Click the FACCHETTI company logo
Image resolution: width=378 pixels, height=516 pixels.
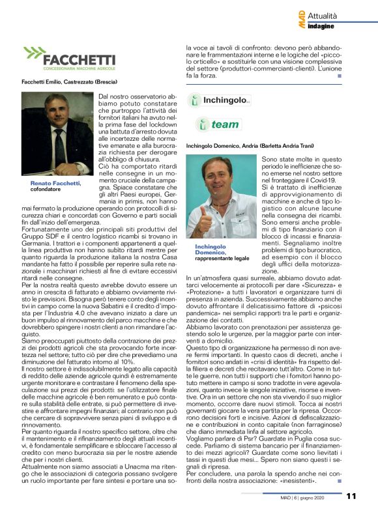pyautogui.click(x=68, y=61)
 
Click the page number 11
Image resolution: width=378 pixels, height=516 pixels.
pyautogui.click(x=351, y=496)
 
